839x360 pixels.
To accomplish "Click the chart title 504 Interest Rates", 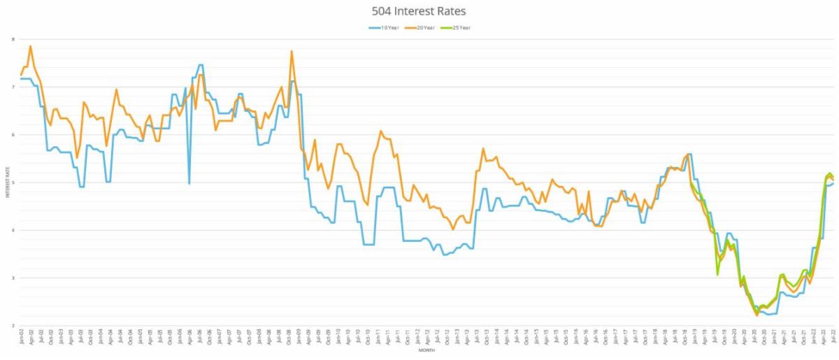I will tap(419, 11).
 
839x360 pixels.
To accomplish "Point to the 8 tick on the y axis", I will tap(13, 39).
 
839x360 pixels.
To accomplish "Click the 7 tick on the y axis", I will tap(13, 87).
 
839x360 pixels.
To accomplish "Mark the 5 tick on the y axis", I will tap(13, 182).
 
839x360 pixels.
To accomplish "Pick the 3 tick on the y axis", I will tap(13, 278).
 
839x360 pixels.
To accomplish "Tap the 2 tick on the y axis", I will tap(13, 326).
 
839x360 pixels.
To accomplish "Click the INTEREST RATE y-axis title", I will tap(8, 182).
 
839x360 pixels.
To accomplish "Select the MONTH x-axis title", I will tap(426, 351).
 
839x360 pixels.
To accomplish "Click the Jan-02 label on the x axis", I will tap(20, 338).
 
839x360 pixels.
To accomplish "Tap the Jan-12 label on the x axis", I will tap(417, 338).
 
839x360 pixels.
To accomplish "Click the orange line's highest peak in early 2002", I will tap(31, 46).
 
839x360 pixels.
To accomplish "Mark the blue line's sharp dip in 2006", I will tap(189, 183).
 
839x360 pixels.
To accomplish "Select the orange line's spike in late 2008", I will tap(292, 51).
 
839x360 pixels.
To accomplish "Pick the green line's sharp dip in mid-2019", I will tap(717, 274).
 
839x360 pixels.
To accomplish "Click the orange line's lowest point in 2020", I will tap(756, 315).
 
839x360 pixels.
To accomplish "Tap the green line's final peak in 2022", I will tap(830, 173).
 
